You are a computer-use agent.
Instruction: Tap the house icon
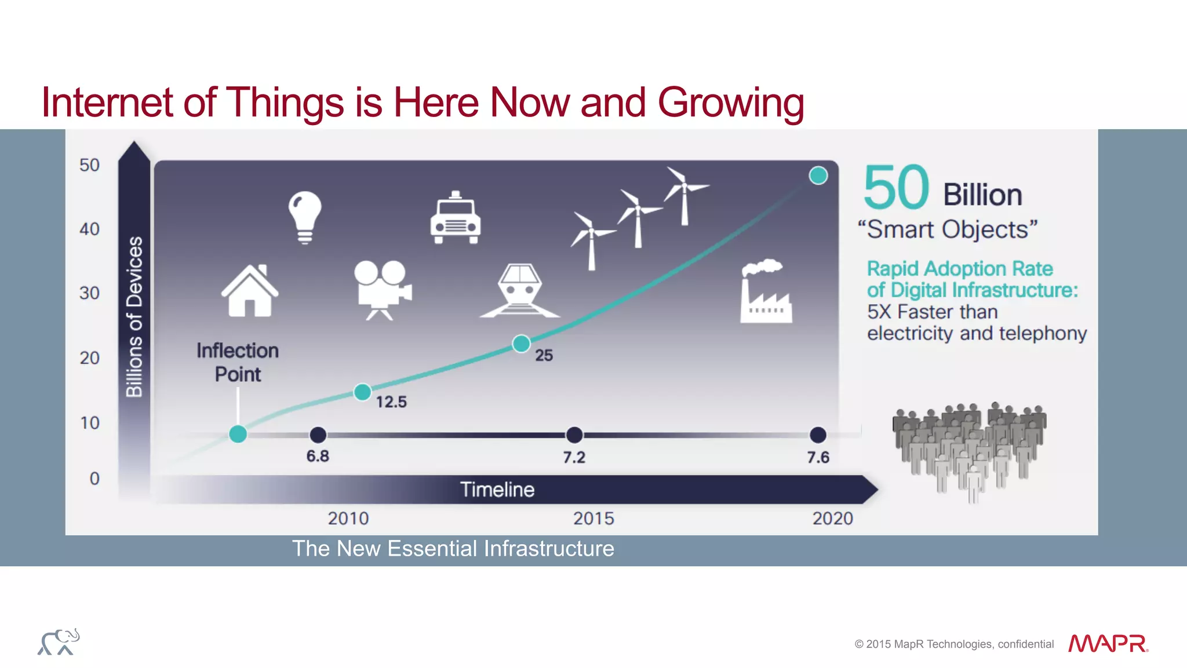point(250,291)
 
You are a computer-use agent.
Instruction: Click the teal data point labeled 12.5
point(362,392)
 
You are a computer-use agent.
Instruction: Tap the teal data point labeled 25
point(521,344)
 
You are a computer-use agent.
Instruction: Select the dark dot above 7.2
point(574,435)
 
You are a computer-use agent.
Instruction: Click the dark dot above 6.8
point(318,435)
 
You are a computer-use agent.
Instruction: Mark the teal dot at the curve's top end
point(818,175)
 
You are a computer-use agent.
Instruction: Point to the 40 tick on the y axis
point(90,229)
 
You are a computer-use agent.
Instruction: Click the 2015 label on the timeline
point(593,518)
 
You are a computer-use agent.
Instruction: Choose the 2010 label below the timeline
point(348,518)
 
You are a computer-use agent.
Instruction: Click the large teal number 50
point(896,188)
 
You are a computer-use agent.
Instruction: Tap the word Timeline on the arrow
point(497,490)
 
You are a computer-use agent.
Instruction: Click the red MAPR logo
point(1108,644)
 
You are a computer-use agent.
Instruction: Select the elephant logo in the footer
point(59,641)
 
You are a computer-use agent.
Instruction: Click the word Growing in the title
point(730,103)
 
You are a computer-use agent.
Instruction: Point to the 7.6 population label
point(818,458)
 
